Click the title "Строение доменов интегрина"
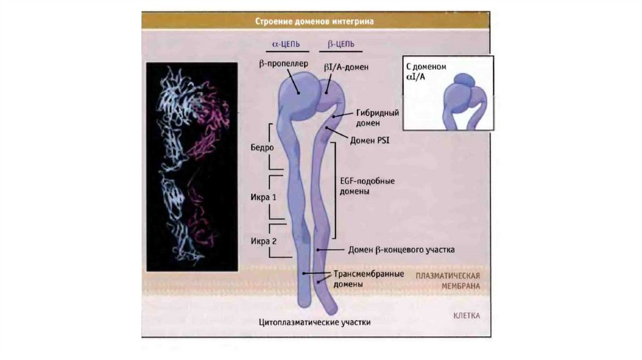314,21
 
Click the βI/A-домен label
346,66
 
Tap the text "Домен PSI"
370,141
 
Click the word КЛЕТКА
466,316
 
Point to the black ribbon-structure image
191,166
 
